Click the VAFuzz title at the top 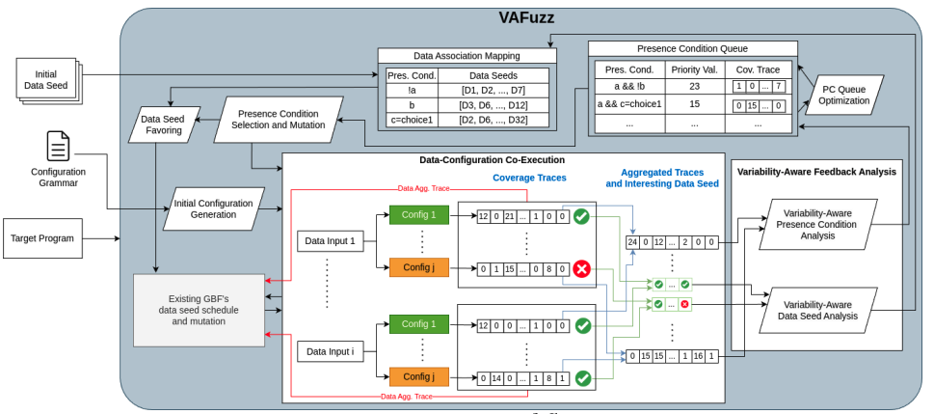coord(525,17)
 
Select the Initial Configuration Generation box coord(215,209)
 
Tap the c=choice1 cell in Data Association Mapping coord(411,120)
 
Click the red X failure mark coord(582,269)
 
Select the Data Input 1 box coord(331,240)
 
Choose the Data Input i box coord(331,351)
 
